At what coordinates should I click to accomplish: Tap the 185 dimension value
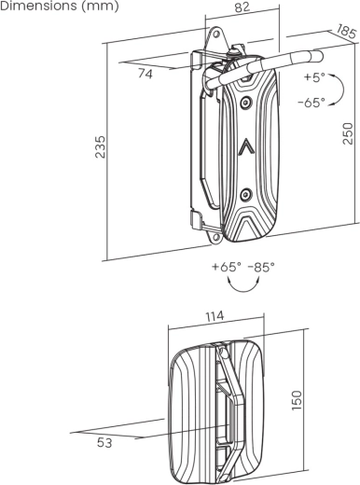click(345, 35)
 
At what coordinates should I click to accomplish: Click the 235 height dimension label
click(101, 147)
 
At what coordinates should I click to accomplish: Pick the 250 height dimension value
click(349, 132)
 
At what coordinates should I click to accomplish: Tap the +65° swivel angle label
click(227, 267)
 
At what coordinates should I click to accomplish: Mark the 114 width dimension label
click(215, 316)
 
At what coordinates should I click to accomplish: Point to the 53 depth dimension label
click(104, 443)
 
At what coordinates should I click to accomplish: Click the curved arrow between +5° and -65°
click(339, 90)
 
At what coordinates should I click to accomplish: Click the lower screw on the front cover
click(244, 193)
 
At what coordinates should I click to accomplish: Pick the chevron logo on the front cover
click(245, 146)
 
